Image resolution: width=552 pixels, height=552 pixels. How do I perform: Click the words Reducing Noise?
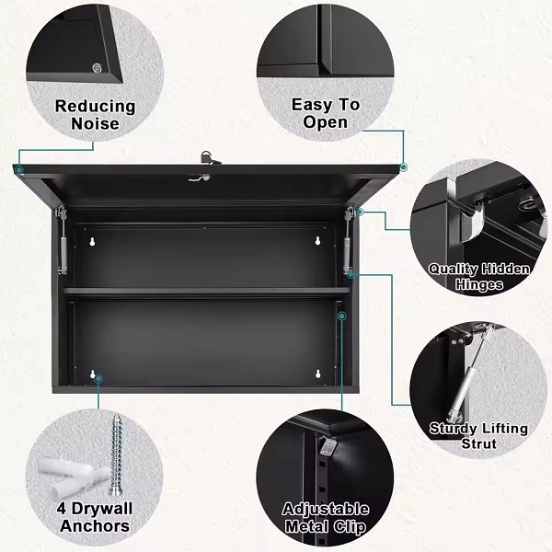click(x=95, y=115)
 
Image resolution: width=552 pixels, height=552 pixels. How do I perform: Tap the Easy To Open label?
click(x=326, y=113)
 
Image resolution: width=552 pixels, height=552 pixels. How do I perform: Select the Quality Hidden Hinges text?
click(x=479, y=276)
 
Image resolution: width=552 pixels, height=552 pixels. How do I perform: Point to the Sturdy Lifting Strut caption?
click(x=478, y=435)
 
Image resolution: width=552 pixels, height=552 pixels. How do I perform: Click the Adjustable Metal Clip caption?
click(x=326, y=517)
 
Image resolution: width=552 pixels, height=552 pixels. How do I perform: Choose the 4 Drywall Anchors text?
click(x=95, y=517)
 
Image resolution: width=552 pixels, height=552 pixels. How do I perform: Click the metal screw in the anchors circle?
click(x=117, y=454)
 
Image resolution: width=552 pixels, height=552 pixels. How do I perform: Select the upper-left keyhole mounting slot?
click(x=93, y=241)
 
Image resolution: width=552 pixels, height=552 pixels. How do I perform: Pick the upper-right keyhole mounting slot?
click(x=317, y=241)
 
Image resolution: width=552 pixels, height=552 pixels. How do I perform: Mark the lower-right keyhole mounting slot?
click(x=318, y=374)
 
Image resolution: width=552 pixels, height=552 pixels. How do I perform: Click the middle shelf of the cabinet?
click(x=207, y=291)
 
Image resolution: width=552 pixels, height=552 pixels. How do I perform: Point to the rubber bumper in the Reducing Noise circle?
click(x=97, y=68)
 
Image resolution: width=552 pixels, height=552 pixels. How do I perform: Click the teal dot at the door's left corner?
click(x=19, y=170)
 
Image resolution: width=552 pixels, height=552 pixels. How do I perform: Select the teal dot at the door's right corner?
click(x=404, y=167)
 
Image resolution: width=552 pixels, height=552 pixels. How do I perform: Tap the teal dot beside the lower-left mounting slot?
click(x=99, y=379)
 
